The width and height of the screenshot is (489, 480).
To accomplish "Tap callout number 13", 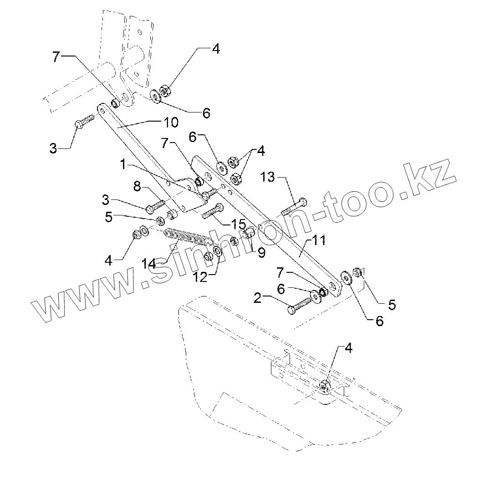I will point(268,177).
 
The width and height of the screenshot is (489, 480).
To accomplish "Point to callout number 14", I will point(148,263).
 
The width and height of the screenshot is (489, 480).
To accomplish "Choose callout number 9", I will point(261,253).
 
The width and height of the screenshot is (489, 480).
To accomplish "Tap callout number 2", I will point(257,299).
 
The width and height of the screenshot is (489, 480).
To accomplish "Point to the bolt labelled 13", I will point(294,207).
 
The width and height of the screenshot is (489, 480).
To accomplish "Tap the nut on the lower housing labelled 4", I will point(325,386).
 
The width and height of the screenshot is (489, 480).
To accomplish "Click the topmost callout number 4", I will point(215,50).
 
